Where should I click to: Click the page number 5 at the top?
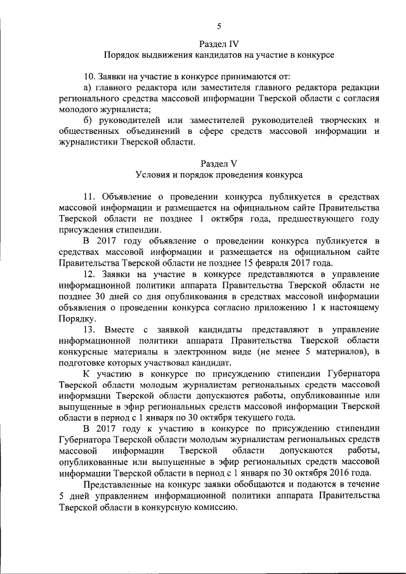click(219, 26)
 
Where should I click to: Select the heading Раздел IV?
click(219, 44)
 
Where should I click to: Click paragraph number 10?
click(90, 76)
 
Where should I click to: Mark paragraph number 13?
click(90, 329)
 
